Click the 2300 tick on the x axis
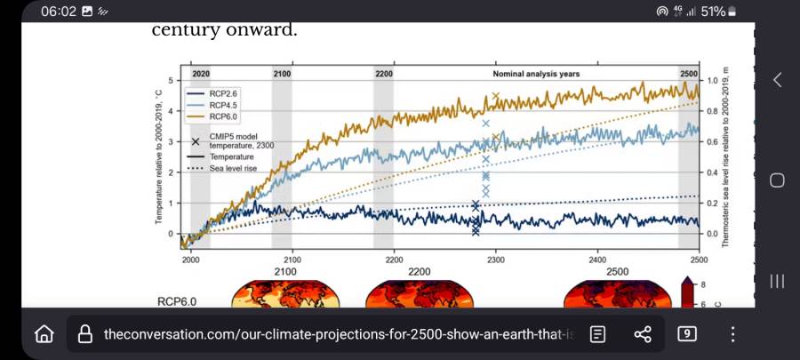tap(496, 260)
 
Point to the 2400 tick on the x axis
tap(597, 260)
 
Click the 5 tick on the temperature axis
tap(170, 80)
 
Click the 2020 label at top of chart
tap(201, 73)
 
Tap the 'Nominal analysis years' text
tap(536, 73)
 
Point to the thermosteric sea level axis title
tap(726, 156)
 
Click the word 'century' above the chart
tap(185, 30)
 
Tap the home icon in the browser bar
tap(44, 334)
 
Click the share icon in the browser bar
tap(643, 334)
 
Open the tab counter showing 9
tap(687, 334)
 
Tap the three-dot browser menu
tap(732, 334)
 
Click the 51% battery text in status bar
tap(713, 12)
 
